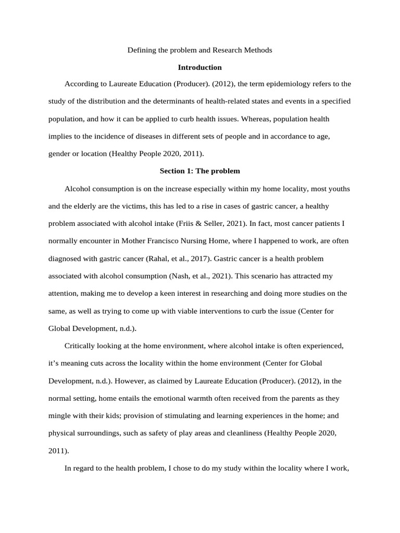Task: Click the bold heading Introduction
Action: pyautogui.click(x=199, y=67)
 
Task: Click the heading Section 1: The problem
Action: pyautogui.click(x=199, y=171)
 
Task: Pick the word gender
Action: pyautogui.click(x=60, y=154)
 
